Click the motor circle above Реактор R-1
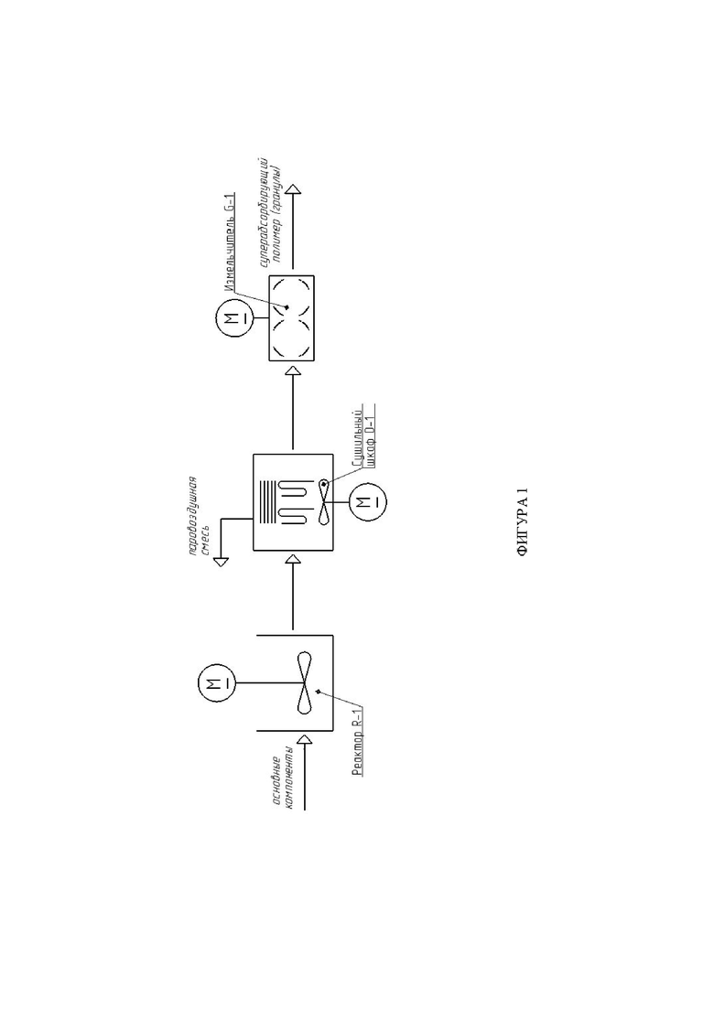217,682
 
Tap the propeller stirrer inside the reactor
306,683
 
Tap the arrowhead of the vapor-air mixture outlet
221,563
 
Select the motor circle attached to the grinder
233,319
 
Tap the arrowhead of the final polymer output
292,191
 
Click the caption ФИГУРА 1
524,525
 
